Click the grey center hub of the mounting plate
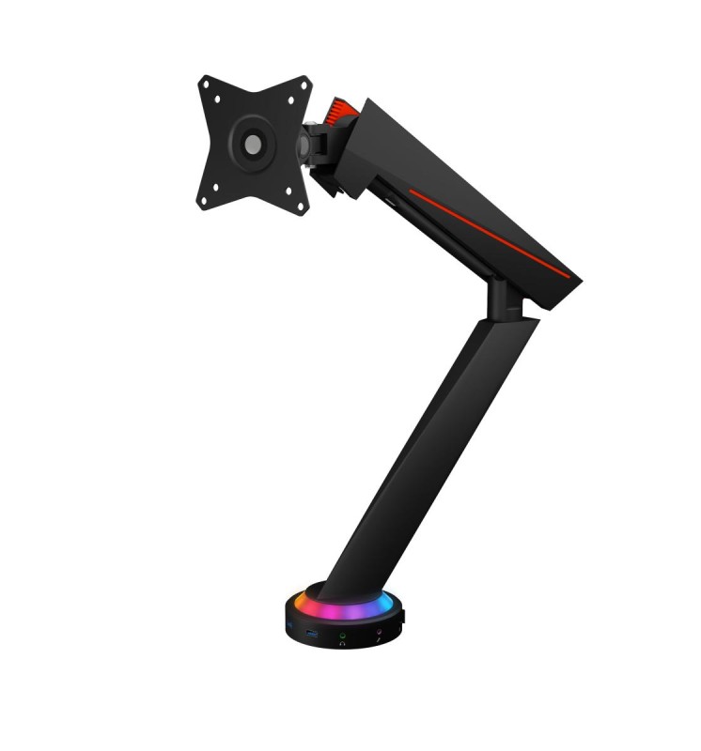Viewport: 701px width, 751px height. click(x=253, y=144)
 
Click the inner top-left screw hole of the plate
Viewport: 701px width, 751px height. click(x=217, y=98)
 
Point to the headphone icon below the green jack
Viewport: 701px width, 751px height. click(x=343, y=644)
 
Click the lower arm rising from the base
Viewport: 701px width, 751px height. click(x=432, y=451)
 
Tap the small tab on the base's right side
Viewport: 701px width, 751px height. click(x=402, y=617)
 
